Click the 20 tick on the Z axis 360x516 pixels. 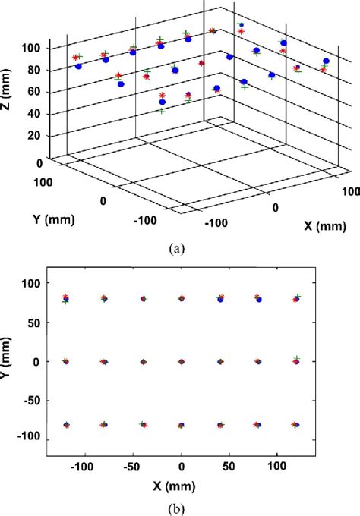pos(34,136)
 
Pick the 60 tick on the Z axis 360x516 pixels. pos(34,93)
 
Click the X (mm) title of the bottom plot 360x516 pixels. pos(180,483)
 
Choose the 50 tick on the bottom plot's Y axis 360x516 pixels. pos(33,322)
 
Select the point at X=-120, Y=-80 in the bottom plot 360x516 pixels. pos(66,426)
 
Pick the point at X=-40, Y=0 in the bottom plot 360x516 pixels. pos(143,362)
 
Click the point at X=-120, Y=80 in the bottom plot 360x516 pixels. pos(66,299)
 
